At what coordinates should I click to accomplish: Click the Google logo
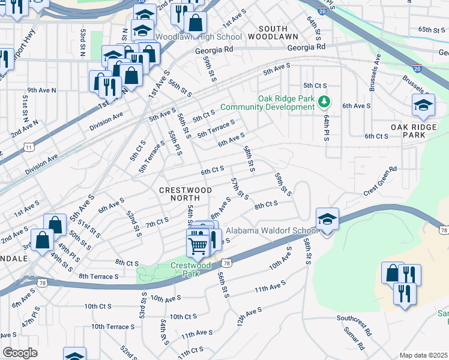point(20,352)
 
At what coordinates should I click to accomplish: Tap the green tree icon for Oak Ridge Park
point(324,101)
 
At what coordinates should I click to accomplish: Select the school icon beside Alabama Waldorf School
point(328,220)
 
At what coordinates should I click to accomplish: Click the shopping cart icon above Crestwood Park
point(198,245)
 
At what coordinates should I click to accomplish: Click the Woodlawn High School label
point(199,37)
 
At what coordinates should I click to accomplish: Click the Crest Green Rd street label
point(381,182)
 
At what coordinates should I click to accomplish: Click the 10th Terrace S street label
point(113,326)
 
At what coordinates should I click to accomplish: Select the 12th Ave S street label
point(249,317)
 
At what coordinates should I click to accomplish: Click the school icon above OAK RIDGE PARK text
point(423,106)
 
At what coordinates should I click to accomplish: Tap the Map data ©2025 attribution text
point(423,355)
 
